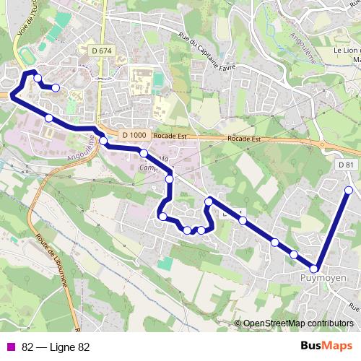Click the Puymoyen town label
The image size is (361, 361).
[323, 278]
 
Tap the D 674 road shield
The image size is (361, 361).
[103, 50]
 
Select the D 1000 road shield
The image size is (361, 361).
[134, 135]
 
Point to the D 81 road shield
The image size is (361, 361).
[347, 165]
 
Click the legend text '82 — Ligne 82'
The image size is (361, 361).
[56, 347]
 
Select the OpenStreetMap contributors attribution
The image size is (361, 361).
[297, 323]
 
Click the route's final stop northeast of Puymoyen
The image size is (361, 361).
[349, 191]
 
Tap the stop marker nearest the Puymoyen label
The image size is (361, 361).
[314, 269]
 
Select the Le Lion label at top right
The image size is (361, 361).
[347, 51]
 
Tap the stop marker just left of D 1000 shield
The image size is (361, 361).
[103, 141]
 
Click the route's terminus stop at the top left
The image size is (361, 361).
[56, 87]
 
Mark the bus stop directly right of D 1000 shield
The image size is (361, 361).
[144, 152]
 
